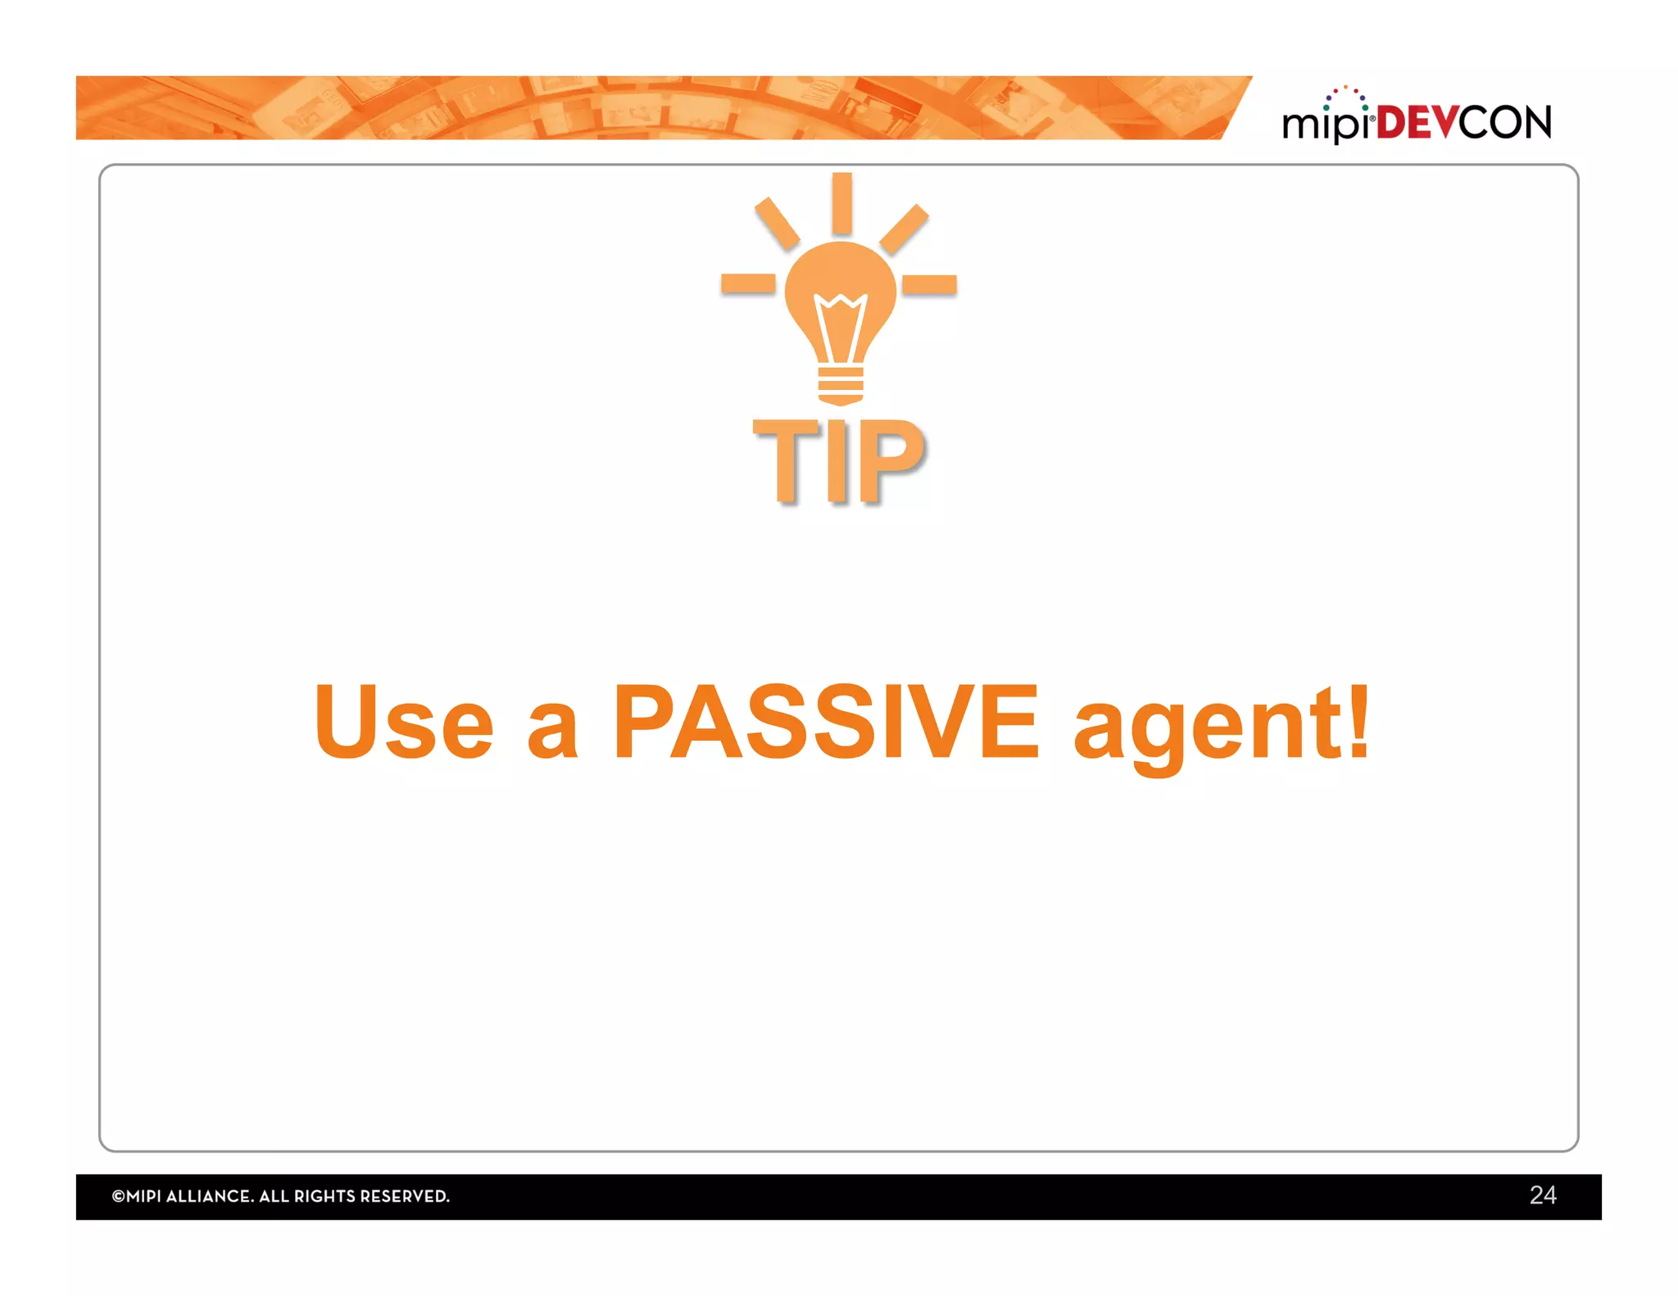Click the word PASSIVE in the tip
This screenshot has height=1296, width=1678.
click(826, 722)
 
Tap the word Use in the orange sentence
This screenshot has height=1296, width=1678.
click(404, 722)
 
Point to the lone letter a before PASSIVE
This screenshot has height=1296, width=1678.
click(552, 732)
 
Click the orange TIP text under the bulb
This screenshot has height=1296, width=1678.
click(839, 460)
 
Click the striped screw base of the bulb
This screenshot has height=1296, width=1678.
click(841, 385)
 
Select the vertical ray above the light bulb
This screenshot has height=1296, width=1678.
click(841, 203)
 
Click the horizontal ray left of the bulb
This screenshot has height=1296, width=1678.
click(747, 284)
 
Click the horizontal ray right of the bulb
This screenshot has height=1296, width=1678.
click(930, 284)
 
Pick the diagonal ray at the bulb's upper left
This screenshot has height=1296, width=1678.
click(777, 224)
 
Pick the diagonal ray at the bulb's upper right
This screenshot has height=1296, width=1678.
click(904, 229)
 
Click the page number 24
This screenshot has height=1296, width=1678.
click(1542, 1195)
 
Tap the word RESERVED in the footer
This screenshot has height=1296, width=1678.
click(404, 1196)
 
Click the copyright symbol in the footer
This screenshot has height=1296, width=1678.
click(118, 1196)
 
